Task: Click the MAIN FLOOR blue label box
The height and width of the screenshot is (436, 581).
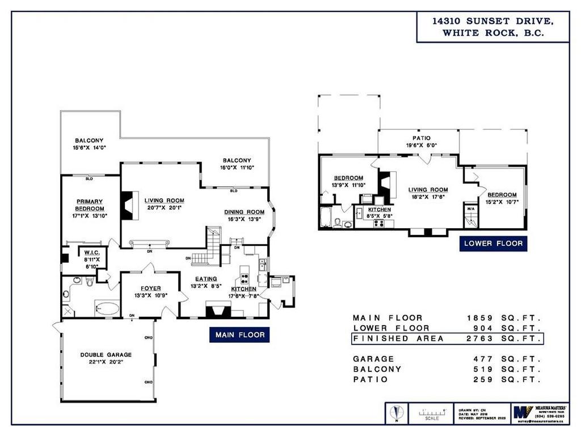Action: pyautogui.click(x=239, y=335)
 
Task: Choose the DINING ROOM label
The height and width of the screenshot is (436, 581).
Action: pyautogui.click(x=245, y=212)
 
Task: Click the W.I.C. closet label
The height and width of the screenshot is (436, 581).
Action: pyautogui.click(x=92, y=253)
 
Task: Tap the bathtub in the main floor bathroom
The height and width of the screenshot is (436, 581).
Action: pyautogui.click(x=106, y=308)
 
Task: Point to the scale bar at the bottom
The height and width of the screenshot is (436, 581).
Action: pyautogui.click(x=433, y=414)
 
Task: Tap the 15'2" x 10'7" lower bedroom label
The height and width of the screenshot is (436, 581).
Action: pyautogui.click(x=500, y=199)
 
